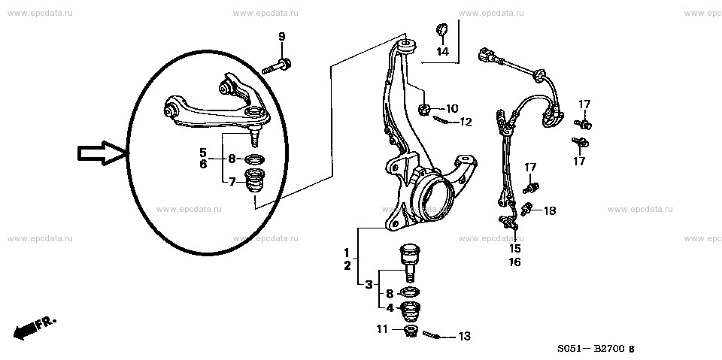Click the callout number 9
pos(282,37)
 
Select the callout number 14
pos(442,52)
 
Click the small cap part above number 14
pos(442,29)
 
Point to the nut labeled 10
pos(424,109)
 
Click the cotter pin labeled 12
pos(441,120)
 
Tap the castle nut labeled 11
pos(410,331)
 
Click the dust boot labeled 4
pos(411,312)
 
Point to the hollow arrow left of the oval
pos(102,153)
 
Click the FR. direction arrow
pos(35,328)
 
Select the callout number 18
pos(550,211)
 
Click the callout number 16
pos(514,262)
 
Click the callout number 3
pos(369,286)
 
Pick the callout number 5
pos(203,152)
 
